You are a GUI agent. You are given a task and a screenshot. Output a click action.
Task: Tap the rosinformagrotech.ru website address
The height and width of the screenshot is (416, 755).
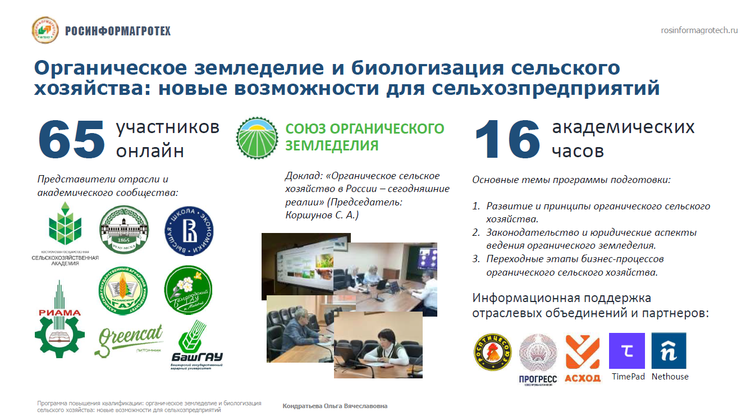click(x=699, y=30)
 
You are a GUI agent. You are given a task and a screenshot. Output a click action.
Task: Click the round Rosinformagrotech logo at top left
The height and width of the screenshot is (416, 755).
click(x=45, y=30)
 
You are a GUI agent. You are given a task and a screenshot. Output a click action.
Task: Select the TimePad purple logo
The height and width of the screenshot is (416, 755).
click(x=627, y=351)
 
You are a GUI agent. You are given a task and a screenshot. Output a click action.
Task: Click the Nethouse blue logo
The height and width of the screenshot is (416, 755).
click(x=669, y=351)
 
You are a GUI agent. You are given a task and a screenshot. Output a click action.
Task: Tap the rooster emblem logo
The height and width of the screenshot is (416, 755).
click(x=492, y=352)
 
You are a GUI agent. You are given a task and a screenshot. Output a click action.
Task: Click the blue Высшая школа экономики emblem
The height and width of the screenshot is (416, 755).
click(x=187, y=230)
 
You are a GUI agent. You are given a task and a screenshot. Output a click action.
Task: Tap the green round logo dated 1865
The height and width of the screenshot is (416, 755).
click(x=123, y=229)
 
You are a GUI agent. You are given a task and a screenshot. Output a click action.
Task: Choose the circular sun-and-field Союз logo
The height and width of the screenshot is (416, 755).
click(x=257, y=138)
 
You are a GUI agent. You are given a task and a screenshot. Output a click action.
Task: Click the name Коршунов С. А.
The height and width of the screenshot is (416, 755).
click(x=322, y=214)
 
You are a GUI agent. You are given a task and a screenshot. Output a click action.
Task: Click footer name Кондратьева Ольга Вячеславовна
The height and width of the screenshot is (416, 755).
click(x=335, y=406)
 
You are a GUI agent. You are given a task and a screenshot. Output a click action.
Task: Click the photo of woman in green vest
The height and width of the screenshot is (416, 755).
click(x=378, y=345)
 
